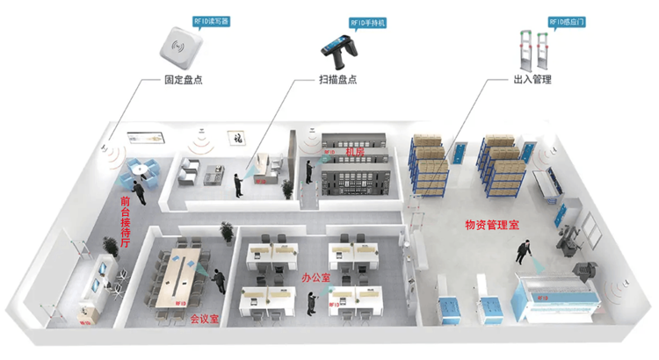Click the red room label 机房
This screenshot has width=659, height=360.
(355, 152)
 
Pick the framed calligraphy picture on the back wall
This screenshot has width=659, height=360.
(235, 137)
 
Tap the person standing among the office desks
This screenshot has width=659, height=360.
(309, 301)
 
